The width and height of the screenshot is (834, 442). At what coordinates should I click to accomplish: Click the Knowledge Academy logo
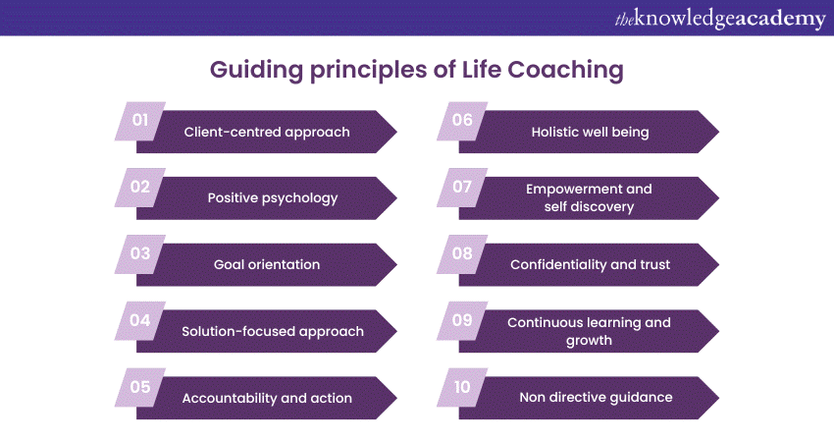(x=719, y=19)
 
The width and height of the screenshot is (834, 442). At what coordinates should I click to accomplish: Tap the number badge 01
(x=140, y=121)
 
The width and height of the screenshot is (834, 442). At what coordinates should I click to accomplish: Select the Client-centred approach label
(x=267, y=132)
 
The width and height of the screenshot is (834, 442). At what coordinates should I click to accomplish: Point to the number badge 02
(x=140, y=188)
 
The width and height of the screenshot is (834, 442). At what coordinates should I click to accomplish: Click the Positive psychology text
(x=273, y=198)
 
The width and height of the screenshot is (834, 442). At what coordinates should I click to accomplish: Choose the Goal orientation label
(x=267, y=264)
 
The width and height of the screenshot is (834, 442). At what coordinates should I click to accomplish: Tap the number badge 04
(x=140, y=320)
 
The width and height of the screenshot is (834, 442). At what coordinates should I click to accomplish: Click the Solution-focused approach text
(x=273, y=332)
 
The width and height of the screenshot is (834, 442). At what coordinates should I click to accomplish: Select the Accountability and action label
(x=267, y=399)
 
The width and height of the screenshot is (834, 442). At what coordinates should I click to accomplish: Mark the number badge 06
(x=462, y=121)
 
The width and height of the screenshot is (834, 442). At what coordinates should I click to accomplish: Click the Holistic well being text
(x=590, y=132)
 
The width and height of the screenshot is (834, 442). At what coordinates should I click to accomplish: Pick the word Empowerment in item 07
(x=567, y=189)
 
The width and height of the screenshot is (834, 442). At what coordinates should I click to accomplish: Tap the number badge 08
(x=462, y=254)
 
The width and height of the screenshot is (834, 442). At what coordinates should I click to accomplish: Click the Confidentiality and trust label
(x=590, y=264)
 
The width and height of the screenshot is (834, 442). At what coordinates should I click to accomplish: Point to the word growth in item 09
(x=589, y=341)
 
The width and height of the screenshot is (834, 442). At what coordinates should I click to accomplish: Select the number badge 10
(x=462, y=387)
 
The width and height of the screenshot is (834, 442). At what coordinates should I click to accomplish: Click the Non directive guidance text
(x=596, y=397)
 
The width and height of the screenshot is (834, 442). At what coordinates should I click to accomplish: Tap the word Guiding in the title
(x=256, y=71)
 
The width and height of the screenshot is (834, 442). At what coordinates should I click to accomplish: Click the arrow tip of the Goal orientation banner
(x=396, y=264)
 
